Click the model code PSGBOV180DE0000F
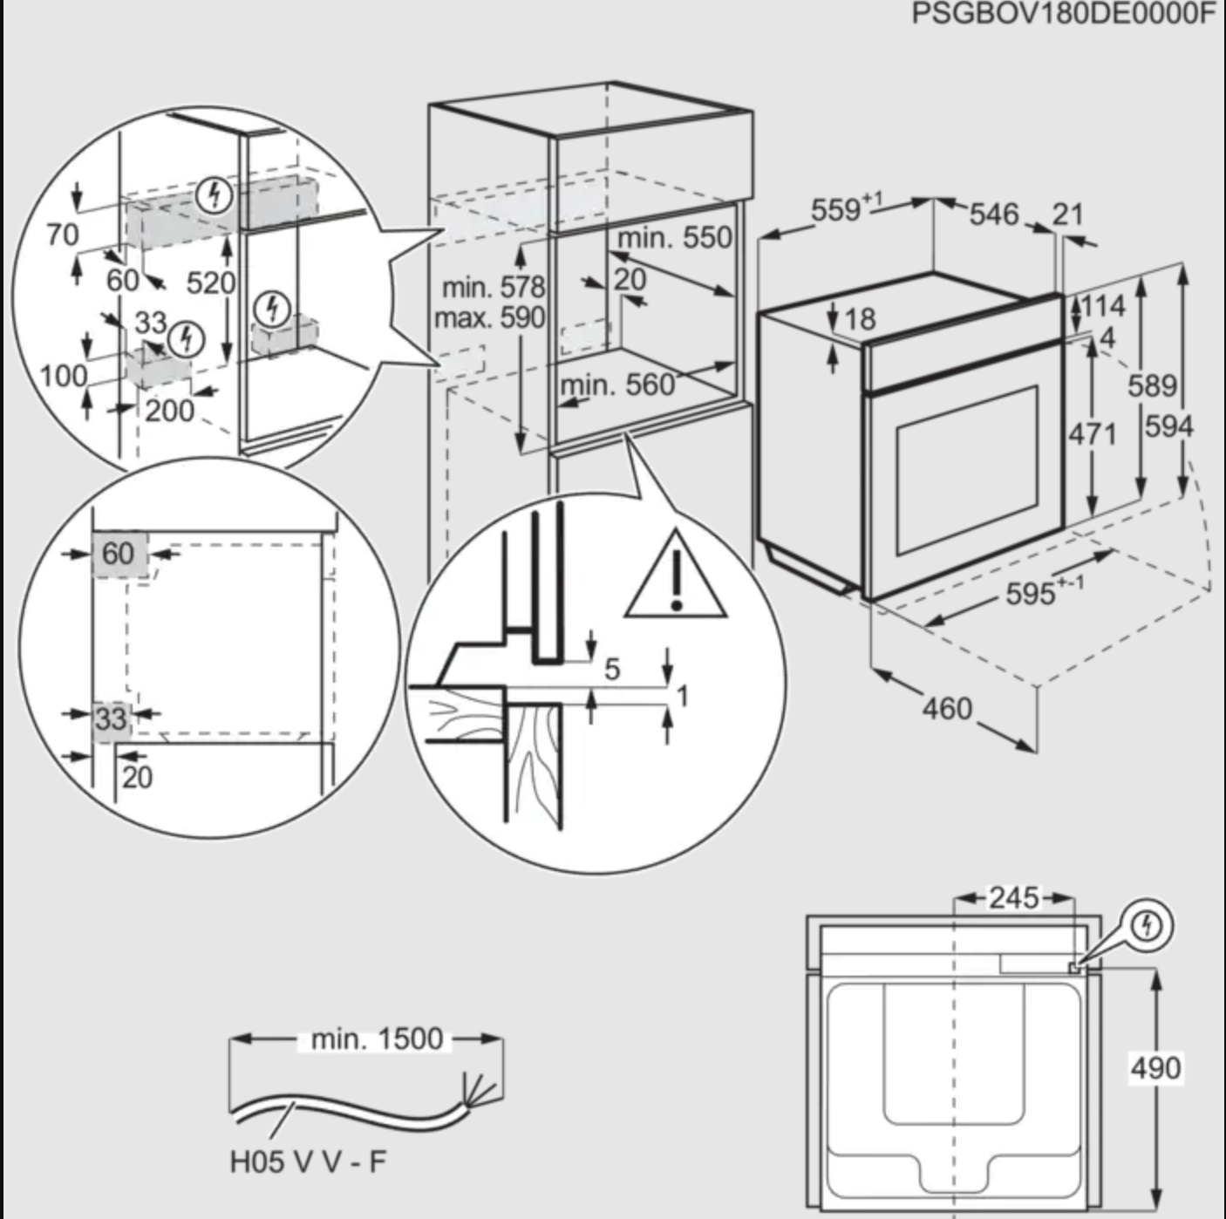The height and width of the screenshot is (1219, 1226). click(x=1063, y=14)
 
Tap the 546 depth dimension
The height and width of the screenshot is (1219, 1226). click(x=993, y=214)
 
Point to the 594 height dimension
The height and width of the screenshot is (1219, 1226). click(x=1168, y=426)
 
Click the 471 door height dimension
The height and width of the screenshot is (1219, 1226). click(x=1092, y=432)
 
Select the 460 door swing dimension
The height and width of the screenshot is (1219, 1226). click(x=946, y=708)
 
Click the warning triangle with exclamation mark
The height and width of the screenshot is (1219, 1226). click(x=676, y=576)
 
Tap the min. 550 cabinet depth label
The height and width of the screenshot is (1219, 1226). click(x=674, y=237)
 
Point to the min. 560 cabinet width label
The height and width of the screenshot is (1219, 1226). click(x=617, y=385)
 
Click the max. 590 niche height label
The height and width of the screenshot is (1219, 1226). click(x=489, y=317)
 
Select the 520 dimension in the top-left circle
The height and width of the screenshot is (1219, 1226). click(x=210, y=283)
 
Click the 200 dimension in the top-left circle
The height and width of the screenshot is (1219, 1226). click(x=169, y=410)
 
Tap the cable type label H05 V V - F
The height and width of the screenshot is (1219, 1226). click(x=307, y=1162)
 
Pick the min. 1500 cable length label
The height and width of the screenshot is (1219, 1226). click(x=377, y=1039)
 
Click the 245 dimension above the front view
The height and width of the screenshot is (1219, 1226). click(x=1013, y=897)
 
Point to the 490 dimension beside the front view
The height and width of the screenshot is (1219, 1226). click(x=1155, y=1067)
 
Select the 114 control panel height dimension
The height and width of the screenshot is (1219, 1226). click(x=1104, y=306)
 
